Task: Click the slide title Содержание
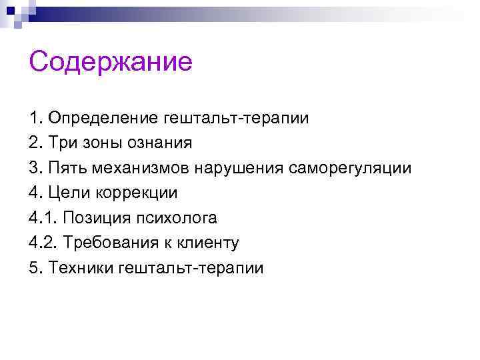(111, 63)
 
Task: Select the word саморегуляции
(350, 168)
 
